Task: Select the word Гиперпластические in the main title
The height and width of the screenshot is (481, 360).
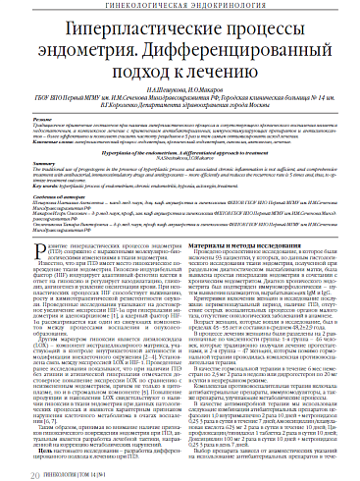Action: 125,30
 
